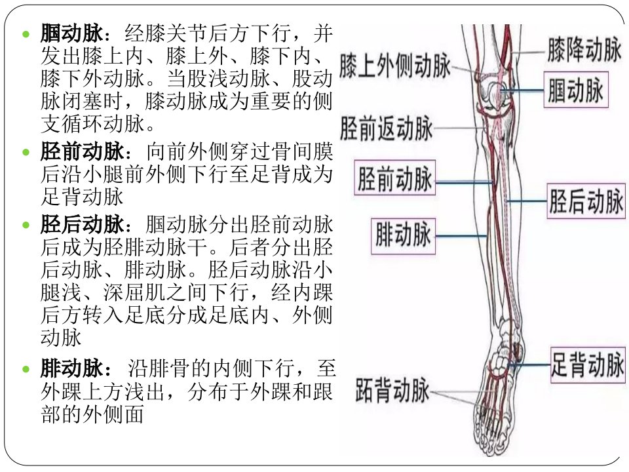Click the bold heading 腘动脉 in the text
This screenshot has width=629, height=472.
click(72, 33)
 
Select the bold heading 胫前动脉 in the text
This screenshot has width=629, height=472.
click(83, 151)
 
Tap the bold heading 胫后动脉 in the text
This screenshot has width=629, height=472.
click(83, 224)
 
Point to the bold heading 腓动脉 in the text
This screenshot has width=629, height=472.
click(72, 368)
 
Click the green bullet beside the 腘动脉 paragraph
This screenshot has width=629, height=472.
click(26, 34)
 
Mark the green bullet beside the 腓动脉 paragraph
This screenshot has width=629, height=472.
click(26, 369)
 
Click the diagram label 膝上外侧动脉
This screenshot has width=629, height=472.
click(395, 66)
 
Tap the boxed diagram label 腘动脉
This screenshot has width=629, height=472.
click(576, 90)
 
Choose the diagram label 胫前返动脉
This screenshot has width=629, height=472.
click(387, 128)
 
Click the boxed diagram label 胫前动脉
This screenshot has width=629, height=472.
click(394, 178)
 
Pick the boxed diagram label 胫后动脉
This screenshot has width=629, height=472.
click(586, 201)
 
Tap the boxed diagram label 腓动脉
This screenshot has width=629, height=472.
click(403, 236)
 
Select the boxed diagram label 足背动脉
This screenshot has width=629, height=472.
click(588, 364)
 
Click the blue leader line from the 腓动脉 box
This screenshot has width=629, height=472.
click(461, 236)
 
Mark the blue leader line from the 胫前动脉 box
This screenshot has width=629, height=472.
click(465, 183)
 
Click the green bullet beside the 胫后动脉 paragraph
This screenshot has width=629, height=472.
click(26, 225)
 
